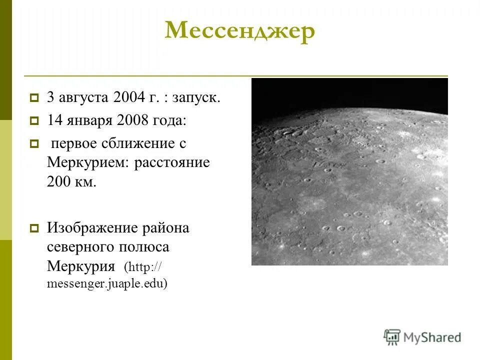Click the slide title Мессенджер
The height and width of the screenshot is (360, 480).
[x=240, y=31]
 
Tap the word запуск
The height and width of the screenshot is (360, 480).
[x=196, y=98]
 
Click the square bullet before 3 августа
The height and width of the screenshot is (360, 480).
[x=34, y=98]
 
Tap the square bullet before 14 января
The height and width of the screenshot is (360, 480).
[x=34, y=120]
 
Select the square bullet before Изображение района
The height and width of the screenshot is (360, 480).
[x=34, y=228]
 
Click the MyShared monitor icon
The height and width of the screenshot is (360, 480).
[x=392, y=336]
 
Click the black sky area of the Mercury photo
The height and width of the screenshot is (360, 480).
[x=350, y=92]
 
